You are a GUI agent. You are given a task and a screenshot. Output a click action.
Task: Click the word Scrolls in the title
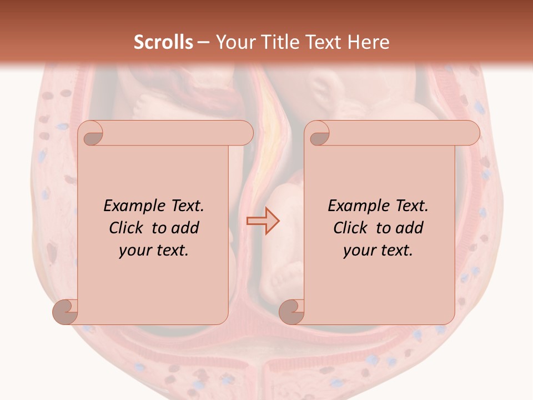[164, 42]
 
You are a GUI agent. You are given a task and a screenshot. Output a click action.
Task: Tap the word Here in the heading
[369, 42]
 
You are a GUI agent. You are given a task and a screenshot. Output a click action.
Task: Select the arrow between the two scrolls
[263, 221]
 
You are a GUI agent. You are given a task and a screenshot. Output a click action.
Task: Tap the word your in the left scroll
[135, 251]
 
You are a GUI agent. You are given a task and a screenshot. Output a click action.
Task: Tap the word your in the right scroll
[360, 251]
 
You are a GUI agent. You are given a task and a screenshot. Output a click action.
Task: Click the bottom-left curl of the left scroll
[66, 312]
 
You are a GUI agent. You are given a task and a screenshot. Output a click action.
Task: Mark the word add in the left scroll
[185, 228]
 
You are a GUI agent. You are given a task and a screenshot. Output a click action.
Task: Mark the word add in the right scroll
[410, 228]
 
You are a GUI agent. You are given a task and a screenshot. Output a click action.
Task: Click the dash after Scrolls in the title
[203, 43]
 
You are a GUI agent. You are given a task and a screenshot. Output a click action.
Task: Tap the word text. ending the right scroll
[395, 251]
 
